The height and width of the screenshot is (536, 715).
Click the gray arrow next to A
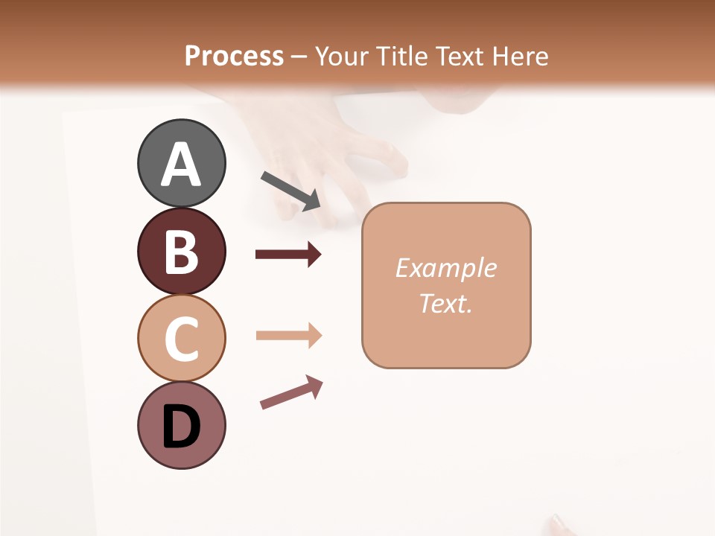290,190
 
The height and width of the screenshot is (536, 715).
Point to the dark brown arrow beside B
288,255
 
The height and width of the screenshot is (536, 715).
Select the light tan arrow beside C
288,336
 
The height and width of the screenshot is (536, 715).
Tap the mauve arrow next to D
291,392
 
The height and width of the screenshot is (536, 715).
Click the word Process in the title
234,56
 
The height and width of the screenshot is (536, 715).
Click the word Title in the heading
401,56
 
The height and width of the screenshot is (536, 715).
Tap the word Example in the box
445,268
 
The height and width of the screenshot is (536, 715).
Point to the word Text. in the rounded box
445,303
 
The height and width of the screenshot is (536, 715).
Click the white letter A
181,165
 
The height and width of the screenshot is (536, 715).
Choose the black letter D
181,427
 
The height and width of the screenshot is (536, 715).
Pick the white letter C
181,339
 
